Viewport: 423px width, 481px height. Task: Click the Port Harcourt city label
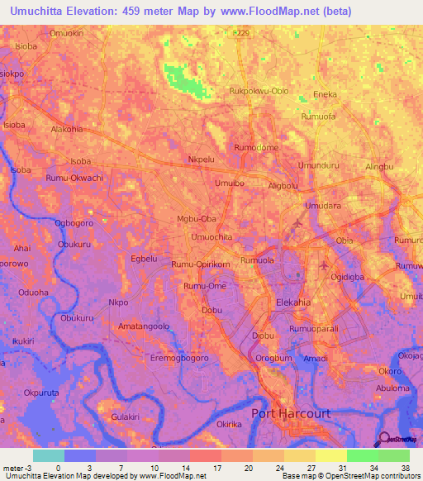[290, 413]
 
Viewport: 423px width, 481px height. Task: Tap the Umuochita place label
[211, 237]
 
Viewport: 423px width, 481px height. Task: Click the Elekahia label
[293, 302]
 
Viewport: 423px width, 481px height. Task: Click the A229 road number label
[240, 32]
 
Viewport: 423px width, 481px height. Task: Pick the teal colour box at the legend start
[48, 455]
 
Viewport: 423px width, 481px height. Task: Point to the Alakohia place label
[68, 130]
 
